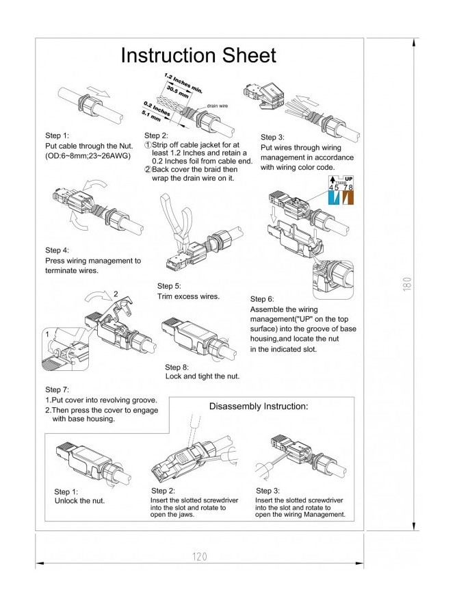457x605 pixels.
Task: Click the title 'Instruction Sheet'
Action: [198, 55]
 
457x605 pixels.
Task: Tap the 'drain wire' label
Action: [216, 107]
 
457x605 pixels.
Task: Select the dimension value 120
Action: [199, 556]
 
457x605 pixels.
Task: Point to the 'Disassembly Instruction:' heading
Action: [259, 406]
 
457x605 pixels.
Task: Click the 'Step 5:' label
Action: [169, 285]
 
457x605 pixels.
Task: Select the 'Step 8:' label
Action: [177, 367]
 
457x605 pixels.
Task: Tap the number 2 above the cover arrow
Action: [116, 294]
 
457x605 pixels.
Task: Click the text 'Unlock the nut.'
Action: [79, 501]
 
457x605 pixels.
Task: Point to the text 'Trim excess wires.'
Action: [189, 296]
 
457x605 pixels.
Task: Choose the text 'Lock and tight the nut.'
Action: [207, 377]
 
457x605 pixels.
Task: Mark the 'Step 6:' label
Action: [262, 299]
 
